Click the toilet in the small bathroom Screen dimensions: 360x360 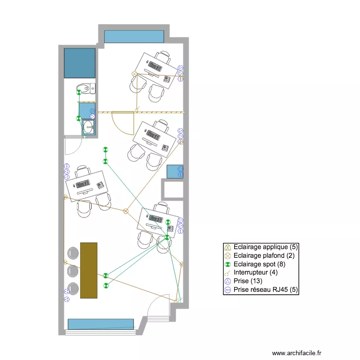point(87,88)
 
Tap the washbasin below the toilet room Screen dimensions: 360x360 point(88,127)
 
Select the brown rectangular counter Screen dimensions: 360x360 point(88,270)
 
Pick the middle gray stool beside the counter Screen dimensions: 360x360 point(73,271)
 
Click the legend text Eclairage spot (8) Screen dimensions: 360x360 point(260,264)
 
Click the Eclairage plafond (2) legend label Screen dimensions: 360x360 point(264,256)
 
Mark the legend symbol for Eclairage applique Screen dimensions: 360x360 point(228,247)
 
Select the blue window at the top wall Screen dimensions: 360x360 point(134,36)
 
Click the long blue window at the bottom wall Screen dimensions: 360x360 point(100,324)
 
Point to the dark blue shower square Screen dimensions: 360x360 point(80,62)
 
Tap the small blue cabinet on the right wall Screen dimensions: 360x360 point(175,171)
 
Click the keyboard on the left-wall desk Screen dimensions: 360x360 point(83,184)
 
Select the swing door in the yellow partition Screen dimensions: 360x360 point(123,123)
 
